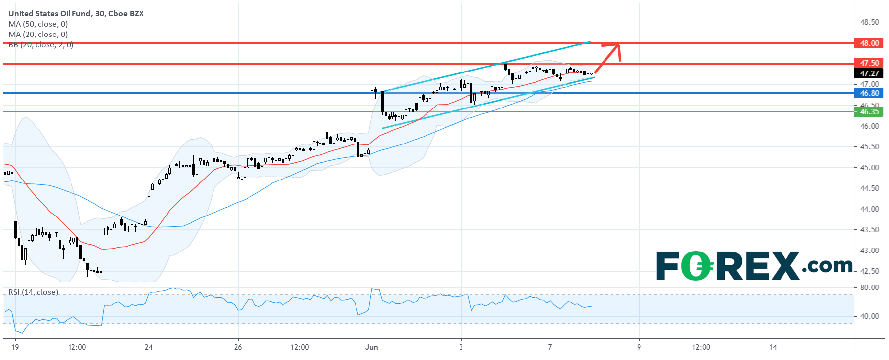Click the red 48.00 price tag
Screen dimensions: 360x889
869,43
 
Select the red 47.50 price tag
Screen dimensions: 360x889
869,63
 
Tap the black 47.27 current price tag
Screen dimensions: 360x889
869,73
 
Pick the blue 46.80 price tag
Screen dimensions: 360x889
869,93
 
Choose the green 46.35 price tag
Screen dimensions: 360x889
869,112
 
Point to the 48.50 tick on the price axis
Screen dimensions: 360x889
869,22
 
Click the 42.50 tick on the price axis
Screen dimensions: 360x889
869,271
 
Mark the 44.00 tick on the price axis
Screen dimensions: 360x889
869,209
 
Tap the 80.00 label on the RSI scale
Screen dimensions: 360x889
869,287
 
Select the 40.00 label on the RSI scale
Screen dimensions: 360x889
869,316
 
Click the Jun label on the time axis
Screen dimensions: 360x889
372,347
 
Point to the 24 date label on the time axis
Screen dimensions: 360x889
149,347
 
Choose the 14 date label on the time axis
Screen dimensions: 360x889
773,347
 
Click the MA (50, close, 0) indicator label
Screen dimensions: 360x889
38,24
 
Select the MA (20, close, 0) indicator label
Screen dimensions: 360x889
38,35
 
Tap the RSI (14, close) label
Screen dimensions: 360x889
33,292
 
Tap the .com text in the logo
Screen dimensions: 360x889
826,266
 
